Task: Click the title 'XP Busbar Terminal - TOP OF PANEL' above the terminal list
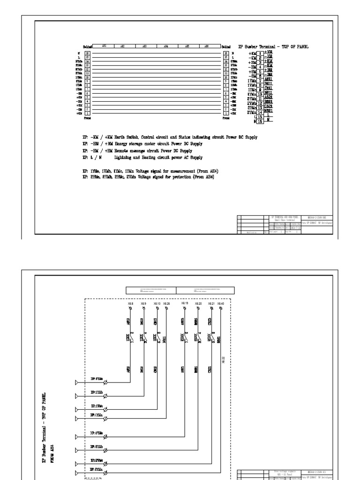[x=274, y=46]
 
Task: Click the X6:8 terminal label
[x=130, y=303]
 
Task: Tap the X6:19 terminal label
[x=185, y=303]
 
